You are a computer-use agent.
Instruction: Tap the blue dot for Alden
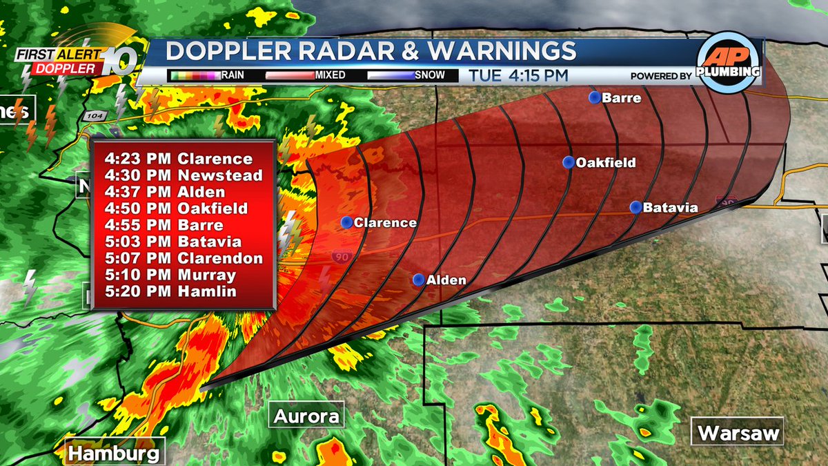418,280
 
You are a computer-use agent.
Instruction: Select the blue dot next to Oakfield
569,162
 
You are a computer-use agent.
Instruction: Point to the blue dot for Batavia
635,206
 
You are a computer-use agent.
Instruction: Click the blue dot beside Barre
595,97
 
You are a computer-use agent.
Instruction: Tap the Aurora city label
306,416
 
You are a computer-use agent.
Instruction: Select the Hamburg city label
115,453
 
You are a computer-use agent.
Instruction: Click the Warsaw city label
738,433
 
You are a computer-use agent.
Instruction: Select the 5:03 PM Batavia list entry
173,242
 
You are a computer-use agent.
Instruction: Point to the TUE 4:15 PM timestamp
520,75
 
